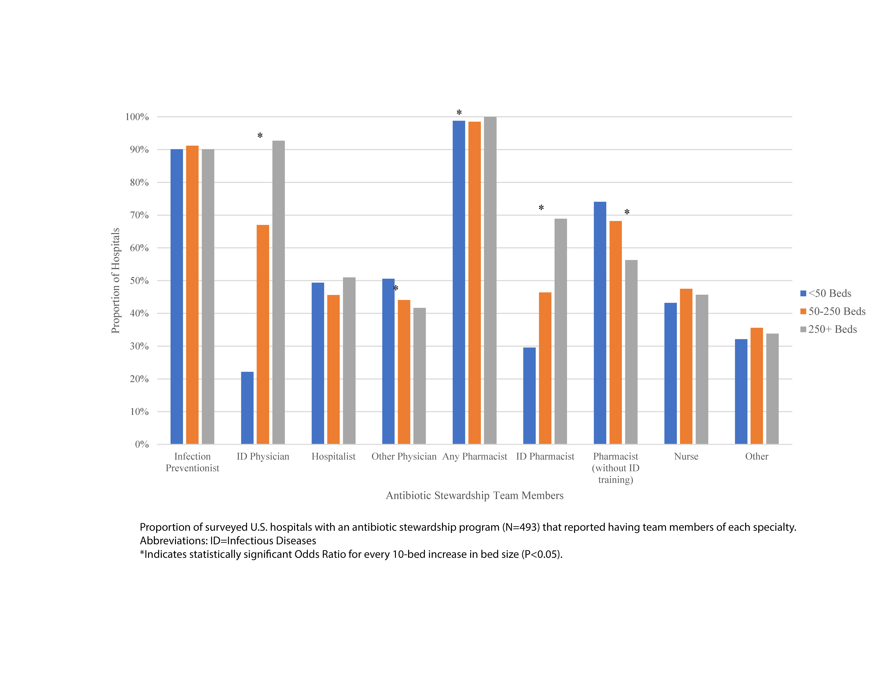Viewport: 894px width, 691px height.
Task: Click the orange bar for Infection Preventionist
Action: tap(192, 295)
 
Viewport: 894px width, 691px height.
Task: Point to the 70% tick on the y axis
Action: tap(139, 215)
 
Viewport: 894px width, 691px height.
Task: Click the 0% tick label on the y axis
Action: tap(142, 445)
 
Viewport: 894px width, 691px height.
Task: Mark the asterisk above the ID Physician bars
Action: tap(260, 135)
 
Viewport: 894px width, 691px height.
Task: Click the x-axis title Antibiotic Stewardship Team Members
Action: tap(474, 496)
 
